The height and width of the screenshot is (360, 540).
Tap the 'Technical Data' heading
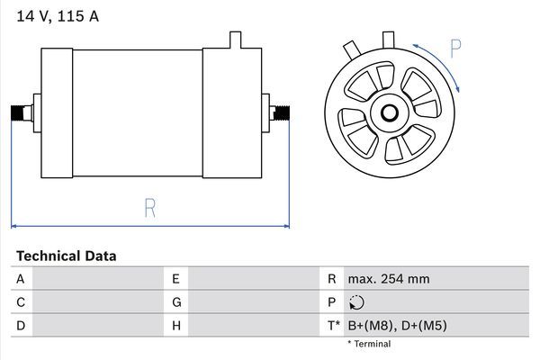pyautogui.click(x=66, y=256)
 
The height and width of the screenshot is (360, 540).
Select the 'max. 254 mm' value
pyautogui.click(x=389, y=279)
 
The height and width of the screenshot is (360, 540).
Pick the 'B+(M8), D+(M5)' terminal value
pyautogui.click(x=400, y=325)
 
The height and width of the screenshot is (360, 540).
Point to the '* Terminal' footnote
pyautogui.click(x=369, y=344)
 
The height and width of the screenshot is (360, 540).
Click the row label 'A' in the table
pyautogui.click(x=20, y=279)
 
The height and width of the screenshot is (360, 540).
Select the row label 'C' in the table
pyautogui.click(x=20, y=302)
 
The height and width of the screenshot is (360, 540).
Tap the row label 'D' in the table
pyautogui.click(x=20, y=325)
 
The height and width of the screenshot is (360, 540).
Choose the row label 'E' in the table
pyautogui.click(x=176, y=279)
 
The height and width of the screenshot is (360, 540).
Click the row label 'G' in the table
pyautogui.click(x=176, y=302)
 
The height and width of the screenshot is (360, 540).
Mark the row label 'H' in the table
pyautogui.click(x=176, y=325)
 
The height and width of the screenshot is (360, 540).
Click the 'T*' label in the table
pyautogui.click(x=335, y=325)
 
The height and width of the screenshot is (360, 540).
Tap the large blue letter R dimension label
pyautogui.click(x=150, y=208)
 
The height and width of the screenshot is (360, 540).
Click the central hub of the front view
pyautogui.click(x=390, y=112)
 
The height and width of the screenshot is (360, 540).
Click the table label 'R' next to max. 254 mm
pyautogui.click(x=332, y=279)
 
